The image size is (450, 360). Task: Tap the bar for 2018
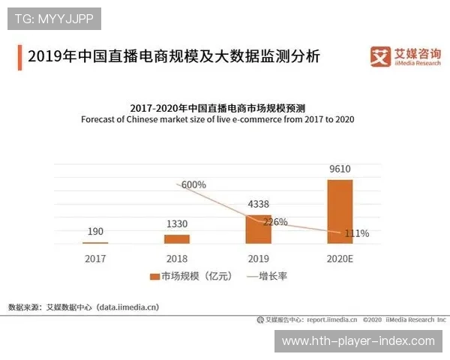177,238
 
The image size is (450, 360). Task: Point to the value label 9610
340,169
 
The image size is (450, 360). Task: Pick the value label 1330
177,223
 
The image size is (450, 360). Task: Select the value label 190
95,232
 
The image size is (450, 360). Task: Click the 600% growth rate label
193,185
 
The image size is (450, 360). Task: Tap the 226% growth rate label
274,222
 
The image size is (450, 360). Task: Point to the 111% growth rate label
356,233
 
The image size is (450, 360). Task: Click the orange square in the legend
154,276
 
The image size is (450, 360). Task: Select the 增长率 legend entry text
273,276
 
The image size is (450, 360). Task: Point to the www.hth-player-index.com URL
358,341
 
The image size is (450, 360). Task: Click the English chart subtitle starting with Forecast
217,119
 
